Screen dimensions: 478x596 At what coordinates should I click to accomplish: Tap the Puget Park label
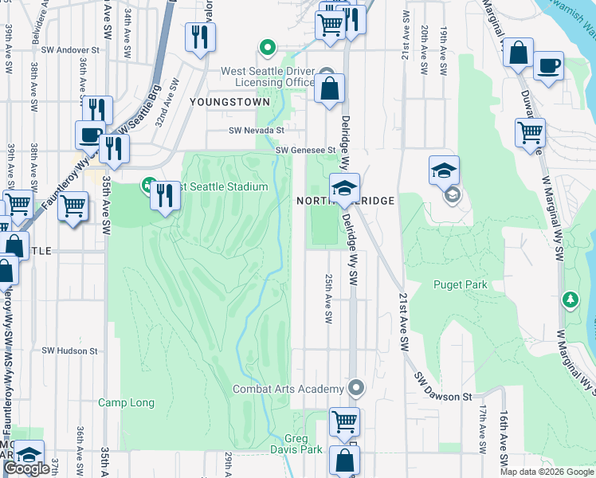[x=460, y=284]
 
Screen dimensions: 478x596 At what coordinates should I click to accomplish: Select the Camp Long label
[x=126, y=402]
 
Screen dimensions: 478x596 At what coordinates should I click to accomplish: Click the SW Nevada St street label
[x=256, y=131]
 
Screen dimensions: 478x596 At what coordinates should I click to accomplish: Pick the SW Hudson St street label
[x=69, y=350]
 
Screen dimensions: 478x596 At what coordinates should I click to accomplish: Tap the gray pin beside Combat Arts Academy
[x=356, y=389]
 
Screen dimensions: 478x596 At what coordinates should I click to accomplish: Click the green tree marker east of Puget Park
[x=570, y=300]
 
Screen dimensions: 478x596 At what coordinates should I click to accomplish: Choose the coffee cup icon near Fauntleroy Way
[x=90, y=134]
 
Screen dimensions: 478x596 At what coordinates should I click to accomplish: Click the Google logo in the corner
[x=26, y=469]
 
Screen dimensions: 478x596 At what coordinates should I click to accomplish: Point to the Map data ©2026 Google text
[x=547, y=472]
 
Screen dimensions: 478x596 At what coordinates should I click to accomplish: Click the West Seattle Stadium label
[x=219, y=186]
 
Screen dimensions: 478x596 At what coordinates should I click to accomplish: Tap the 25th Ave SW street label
[x=327, y=299]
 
